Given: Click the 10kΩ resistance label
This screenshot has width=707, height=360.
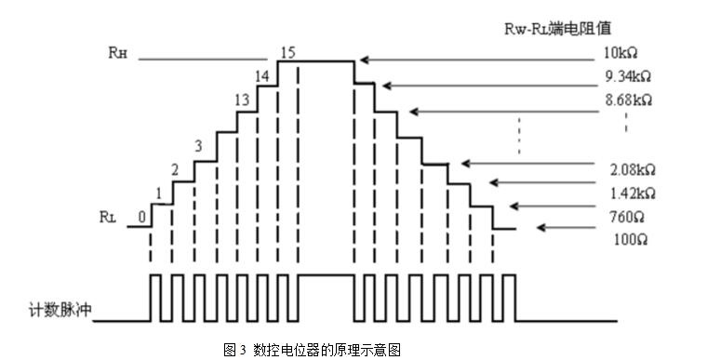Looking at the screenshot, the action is (x=620, y=53).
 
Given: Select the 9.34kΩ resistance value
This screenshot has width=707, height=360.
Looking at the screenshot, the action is (x=628, y=76).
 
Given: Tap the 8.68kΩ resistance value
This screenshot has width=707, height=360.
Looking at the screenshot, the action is (x=629, y=100).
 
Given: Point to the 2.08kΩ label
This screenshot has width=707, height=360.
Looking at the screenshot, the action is (x=633, y=170).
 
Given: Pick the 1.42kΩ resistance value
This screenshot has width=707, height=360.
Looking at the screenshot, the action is (x=633, y=193).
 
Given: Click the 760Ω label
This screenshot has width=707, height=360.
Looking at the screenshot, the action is (x=627, y=217).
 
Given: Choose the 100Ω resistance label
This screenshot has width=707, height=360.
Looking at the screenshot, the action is (x=631, y=240).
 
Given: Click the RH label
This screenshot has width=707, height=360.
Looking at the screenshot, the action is (x=118, y=53).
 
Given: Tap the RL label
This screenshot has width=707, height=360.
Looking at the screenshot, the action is (x=108, y=217).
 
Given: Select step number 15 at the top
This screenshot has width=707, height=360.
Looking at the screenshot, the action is (x=287, y=52).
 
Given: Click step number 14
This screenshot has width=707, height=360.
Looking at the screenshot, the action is (x=262, y=76).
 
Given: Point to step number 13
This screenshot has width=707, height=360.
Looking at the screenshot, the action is (x=242, y=100).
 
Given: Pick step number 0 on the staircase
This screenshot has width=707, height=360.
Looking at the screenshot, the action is (x=142, y=217).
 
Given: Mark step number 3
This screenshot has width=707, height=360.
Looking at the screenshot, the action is (x=198, y=146).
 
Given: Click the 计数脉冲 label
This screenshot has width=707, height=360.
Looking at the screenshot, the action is (x=60, y=310).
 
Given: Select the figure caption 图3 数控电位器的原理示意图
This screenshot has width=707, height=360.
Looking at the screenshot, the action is (x=312, y=350).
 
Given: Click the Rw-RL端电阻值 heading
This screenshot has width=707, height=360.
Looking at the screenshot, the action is (x=558, y=29).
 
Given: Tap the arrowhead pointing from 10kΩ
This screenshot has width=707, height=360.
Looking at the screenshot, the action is (x=365, y=60).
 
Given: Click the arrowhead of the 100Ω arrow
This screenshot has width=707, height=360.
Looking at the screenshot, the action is (x=541, y=228).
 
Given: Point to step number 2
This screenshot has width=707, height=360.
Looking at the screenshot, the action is (x=175, y=169).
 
